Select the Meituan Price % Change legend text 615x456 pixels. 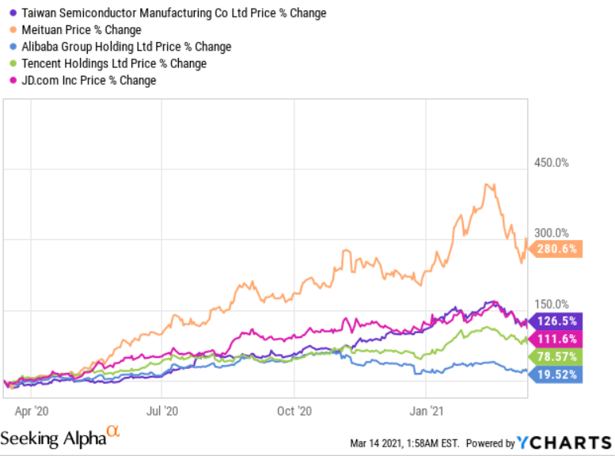[81, 30]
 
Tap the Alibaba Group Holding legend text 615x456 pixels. [126, 47]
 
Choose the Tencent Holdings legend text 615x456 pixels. [113, 63]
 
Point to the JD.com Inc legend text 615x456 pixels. [88, 80]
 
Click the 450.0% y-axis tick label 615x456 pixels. [551, 163]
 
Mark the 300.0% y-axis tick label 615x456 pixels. [551, 234]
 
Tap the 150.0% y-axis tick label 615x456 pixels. [551, 304]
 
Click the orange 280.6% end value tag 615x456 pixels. [556, 249]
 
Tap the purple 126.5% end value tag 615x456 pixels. [556, 321]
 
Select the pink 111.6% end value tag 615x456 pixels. [556, 338]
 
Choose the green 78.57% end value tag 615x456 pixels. [556, 356]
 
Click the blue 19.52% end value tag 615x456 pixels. [556, 375]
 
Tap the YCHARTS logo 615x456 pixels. [564, 442]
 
